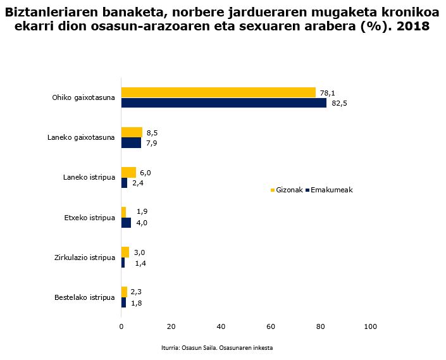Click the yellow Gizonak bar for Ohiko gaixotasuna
tap(218, 92)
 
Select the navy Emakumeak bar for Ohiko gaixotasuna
tap(224, 103)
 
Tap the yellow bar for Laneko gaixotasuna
tap(132, 132)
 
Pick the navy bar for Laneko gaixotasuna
tap(131, 143)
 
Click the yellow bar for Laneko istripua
tap(128, 172)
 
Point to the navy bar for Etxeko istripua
tap(126, 223)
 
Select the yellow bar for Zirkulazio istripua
tap(125, 252)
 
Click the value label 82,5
tap(340, 104)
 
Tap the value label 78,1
tap(328, 93)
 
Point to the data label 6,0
tap(146, 173)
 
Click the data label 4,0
tap(142, 223)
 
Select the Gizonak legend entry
tap(287, 190)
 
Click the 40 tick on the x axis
tap(221, 326)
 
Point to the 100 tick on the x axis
tap(371, 326)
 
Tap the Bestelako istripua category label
tap(85, 297)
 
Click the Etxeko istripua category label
tap(89, 218)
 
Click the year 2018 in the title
tap(410, 27)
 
